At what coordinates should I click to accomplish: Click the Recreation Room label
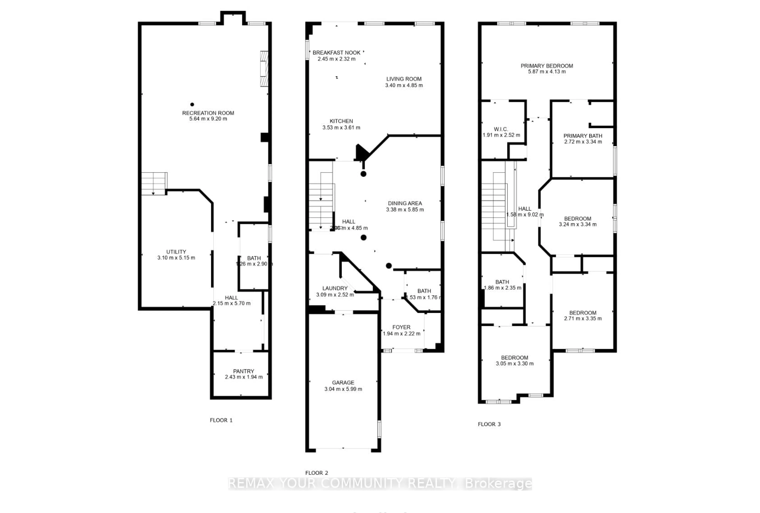[x=208, y=113]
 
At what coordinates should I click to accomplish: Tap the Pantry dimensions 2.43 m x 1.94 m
[x=244, y=377]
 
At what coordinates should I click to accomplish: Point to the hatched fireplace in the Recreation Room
[x=264, y=69]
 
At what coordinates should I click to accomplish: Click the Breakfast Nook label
[x=336, y=53]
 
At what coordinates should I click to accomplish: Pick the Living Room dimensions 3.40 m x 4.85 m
[x=404, y=85]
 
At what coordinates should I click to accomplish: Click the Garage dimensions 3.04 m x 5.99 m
[x=343, y=389]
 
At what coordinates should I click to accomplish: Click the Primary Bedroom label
[x=547, y=66]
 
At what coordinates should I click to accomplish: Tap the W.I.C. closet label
[x=501, y=129]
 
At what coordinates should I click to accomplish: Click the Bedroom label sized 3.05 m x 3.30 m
[x=514, y=358]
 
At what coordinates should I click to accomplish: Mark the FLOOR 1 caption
[x=221, y=420]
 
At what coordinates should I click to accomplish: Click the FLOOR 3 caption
[x=489, y=424]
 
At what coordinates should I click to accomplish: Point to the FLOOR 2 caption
[x=316, y=473]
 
